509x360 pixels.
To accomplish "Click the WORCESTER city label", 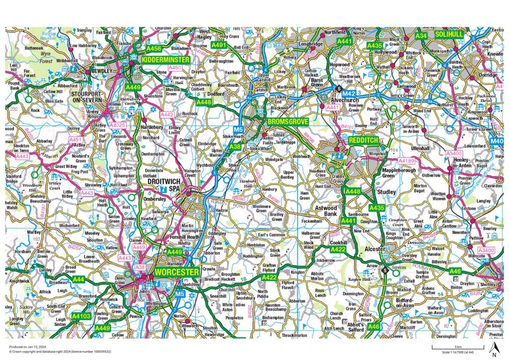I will pyautogui.click(x=176, y=272).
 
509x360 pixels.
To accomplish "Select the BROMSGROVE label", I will pyautogui.click(x=288, y=121).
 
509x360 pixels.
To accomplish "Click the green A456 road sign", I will pyautogui.click(x=154, y=49).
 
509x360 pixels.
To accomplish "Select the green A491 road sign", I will pyautogui.click(x=219, y=45).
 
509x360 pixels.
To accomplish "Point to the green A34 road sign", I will pyautogui.click(x=422, y=36).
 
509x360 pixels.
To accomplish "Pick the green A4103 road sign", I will pyautogui.click(x=81, y=315).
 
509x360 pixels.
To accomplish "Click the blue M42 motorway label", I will pyautogui.click(x=349, y=93).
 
